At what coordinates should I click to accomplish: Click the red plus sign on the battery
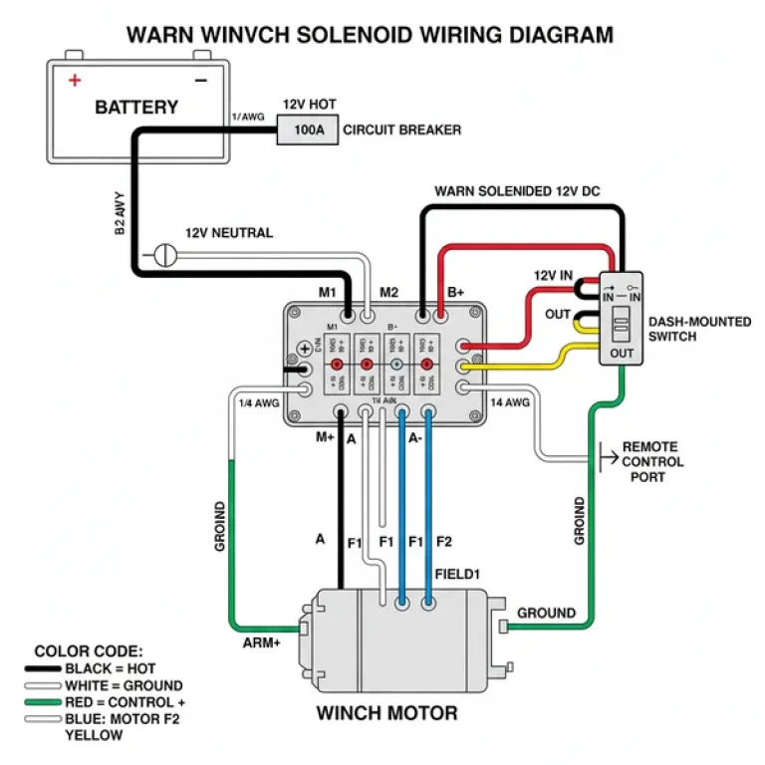click(x=74, y=80)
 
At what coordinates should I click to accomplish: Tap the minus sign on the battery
click(x=202, y=80)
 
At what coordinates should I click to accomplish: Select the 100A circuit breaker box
click(x=307, y=129)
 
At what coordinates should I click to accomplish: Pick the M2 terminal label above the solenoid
click(x=388, y=292)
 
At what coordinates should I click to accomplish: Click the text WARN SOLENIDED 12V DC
click(x=518, y=190)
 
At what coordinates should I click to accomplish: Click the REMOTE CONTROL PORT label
click(x=652, y=462)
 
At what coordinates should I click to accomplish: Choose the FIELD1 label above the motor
click(x=458, y=575)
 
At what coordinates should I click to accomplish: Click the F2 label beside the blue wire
click(x=443, y=541)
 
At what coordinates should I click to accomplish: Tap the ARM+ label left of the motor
click(x=261, y=642)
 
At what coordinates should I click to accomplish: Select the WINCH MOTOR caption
click(x=386, y=713)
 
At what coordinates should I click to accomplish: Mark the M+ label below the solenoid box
click(x=325, y=437)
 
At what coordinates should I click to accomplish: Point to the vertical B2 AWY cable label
click(x=120, y=213)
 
